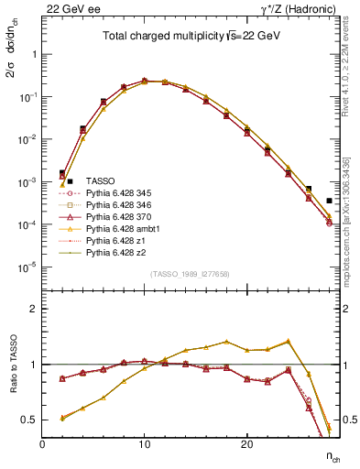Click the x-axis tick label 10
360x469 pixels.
tap(145, 445)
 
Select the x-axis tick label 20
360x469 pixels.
tap(246, 445)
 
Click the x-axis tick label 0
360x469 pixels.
tap(42, 445)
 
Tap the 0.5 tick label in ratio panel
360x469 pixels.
tap(30, 420)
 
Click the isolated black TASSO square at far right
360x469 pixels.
tap(329, 201)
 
